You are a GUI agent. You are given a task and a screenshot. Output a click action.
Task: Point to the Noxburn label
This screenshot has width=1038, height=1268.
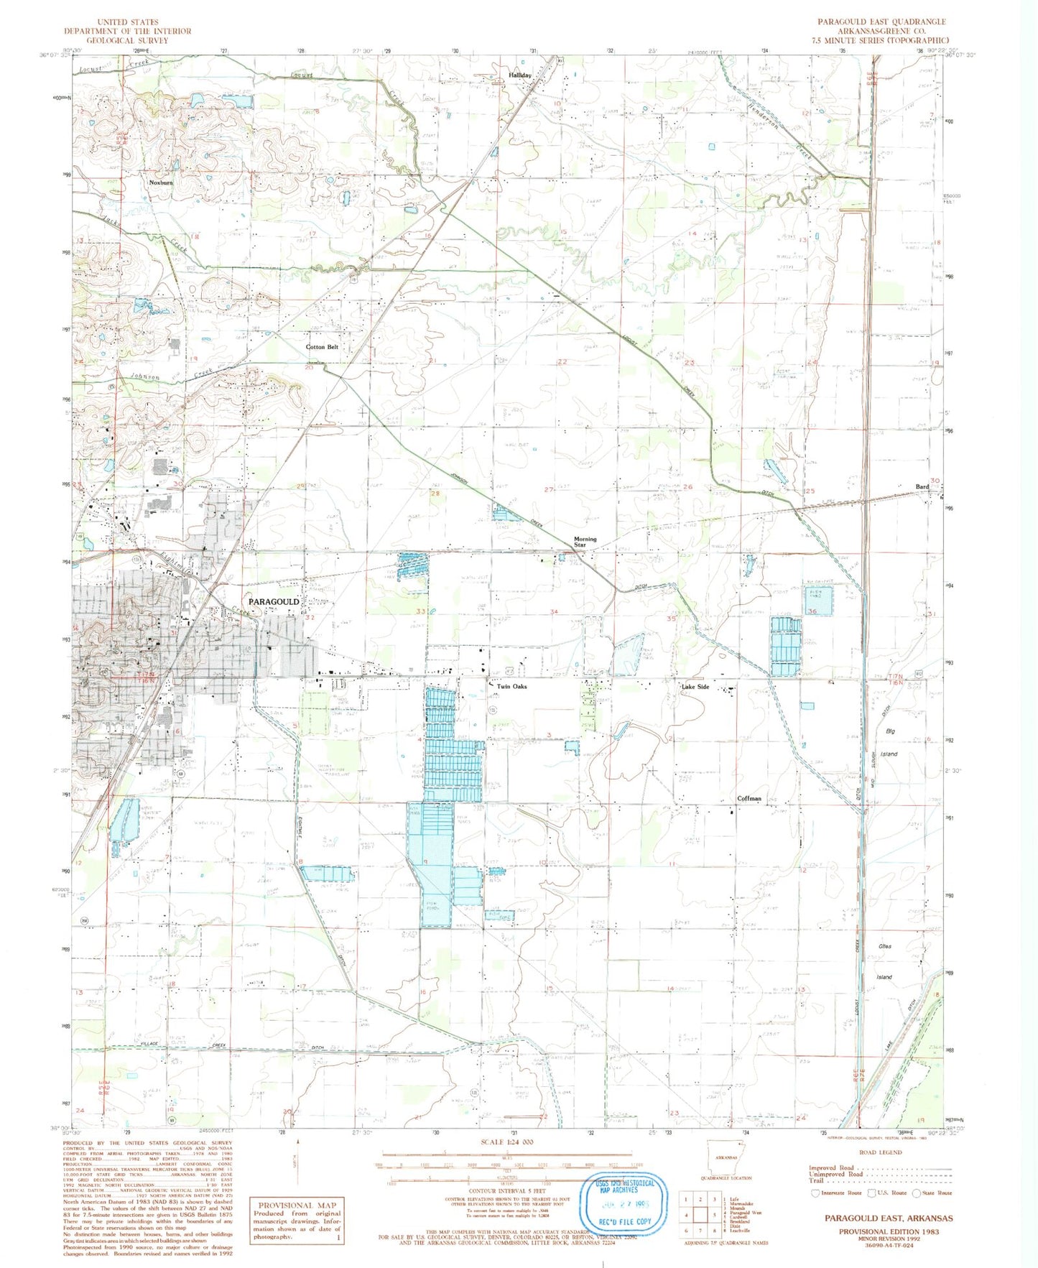pos(161,182)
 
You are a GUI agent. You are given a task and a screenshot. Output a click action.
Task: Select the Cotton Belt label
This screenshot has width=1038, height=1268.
pos(321,347)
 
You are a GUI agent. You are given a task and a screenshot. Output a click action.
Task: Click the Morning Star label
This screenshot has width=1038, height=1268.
pos(585,542)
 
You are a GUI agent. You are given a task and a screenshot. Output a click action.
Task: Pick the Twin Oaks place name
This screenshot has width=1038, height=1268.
pos(511,687)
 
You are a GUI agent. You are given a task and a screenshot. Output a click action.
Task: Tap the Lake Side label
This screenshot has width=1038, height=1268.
pos(695,687)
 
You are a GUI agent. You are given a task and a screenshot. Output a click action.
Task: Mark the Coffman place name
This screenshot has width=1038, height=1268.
pos(749,798)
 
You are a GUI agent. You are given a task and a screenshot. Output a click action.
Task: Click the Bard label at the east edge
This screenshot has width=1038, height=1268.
pos(922,486)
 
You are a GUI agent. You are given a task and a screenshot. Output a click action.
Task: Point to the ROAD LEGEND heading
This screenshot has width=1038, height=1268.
pos(880,1152)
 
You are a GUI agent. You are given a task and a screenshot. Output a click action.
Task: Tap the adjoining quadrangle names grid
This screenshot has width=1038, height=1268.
pos(700,1209)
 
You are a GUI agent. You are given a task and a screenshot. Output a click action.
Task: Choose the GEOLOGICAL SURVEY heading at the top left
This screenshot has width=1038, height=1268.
pos(127,40)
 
